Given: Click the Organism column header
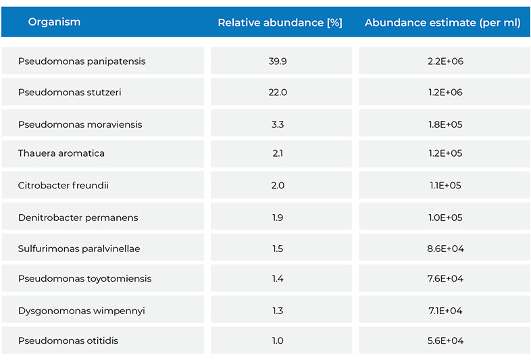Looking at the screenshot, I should point(54,22).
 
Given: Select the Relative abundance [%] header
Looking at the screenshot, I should point(280,23).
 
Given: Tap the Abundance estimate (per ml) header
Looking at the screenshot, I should point(442,23).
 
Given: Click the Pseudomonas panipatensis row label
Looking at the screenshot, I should point(82,61).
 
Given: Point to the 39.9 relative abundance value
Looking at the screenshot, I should point(278,61).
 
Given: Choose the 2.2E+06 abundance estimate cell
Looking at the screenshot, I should point(445,61).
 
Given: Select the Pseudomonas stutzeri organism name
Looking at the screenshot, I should point(70,93).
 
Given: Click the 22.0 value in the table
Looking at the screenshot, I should point(278,93).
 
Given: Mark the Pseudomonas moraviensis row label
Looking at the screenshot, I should point(80,124).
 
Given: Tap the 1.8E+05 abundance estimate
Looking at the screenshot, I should point(445,124).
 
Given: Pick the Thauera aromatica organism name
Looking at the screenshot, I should point(61,153).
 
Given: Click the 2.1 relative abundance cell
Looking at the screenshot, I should point(278,153).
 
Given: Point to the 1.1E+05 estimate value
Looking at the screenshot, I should point(445,185).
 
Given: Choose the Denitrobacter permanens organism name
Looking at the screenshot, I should point(78,217).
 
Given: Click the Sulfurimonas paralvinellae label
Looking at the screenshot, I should point(79,249).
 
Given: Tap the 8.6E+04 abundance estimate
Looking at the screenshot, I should point(445,249).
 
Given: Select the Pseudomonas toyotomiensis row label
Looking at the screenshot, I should point(84,278).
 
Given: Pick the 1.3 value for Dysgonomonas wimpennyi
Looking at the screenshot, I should point(278,311).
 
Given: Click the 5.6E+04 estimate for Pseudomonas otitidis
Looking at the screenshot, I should point(445,340).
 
